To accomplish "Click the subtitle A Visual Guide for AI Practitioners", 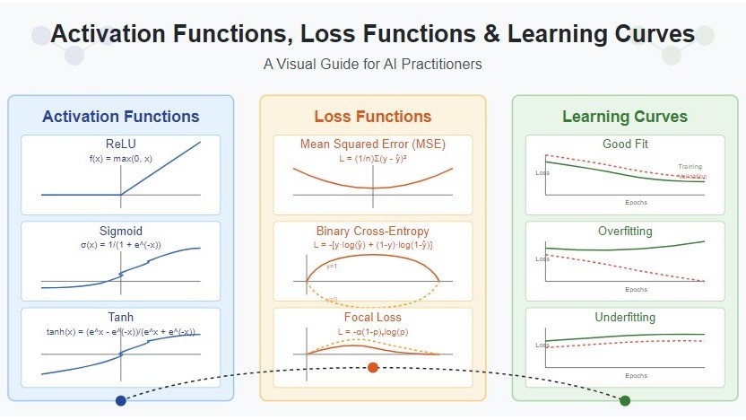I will pyautogui.click(x=372, y=65).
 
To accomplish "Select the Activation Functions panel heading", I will pyautogui.click(x=121, y=117).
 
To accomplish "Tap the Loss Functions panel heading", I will pyautogui.click(x=372, y=117).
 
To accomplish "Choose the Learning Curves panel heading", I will pyautogui.click(x=624, y=117).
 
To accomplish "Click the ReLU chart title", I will pyautogui.click(x=121, y=144).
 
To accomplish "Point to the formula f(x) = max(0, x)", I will pyautogui.click(x=121, y=158).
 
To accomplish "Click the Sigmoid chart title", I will pyautogui.click(x=121, y=232).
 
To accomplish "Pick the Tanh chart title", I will pyautogui.click(x=121, y=318).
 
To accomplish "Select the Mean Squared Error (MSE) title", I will pyautogui.click(x=372, y=144).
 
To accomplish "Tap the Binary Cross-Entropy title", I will pyautogui.click(x=372, y=232).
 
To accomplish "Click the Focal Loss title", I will pyautogui.click(x=372, y=318).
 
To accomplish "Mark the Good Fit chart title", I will pyautogui.click(x=624, y=144).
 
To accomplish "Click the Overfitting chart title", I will pyautogui.click(x=624, y=232).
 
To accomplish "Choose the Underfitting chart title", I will pyautogui.click(x=624, y=318).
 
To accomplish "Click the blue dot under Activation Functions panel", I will pyautogui.click(x=121, y=400).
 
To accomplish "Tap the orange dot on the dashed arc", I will pyautogui.click(x=373, y=367).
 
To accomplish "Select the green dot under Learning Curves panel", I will pyautogui.click(x=625, y=400).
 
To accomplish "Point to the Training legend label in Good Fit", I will pyautogui.click(x=690, y=167).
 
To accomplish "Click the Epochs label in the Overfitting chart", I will pyautogui.click(x=637, y=290).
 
